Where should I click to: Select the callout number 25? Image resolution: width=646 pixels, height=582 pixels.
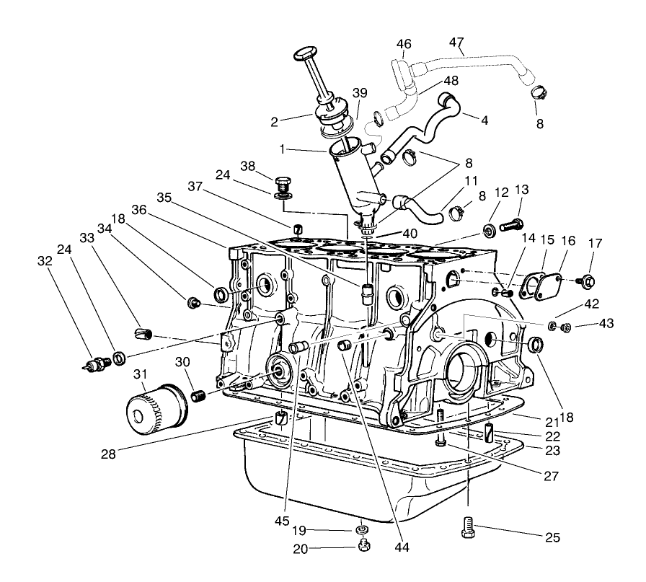pyautogui.click(x=552, y=537)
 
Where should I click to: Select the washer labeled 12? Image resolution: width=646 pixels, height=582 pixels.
pyautogui.click(x=489, y=230)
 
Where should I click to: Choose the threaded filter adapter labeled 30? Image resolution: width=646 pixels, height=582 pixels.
pyautogui.click(x=200, y=395)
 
